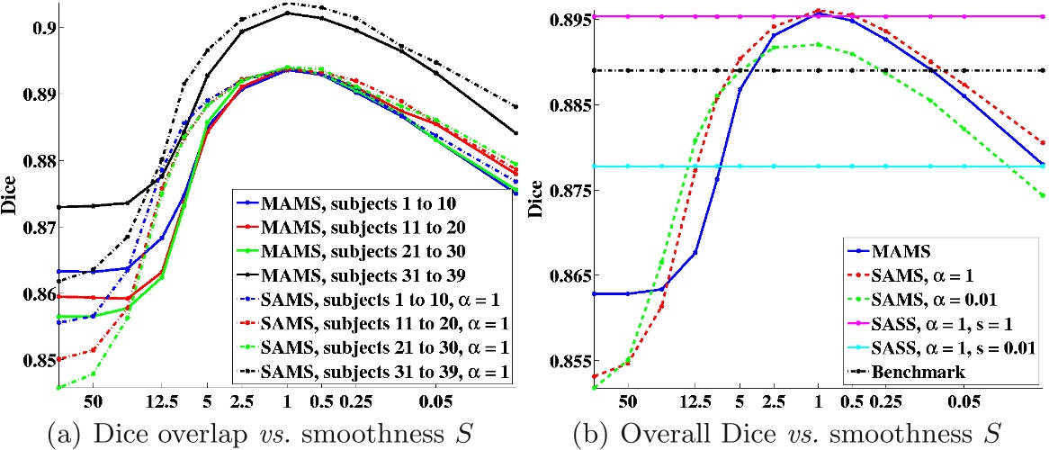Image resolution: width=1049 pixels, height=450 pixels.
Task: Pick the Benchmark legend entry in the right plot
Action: click(x=909, y=371)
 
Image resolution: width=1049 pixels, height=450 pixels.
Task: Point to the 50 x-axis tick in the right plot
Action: click(x=628, y=399)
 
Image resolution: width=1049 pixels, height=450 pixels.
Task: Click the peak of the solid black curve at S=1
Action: click(x=288, y=13)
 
